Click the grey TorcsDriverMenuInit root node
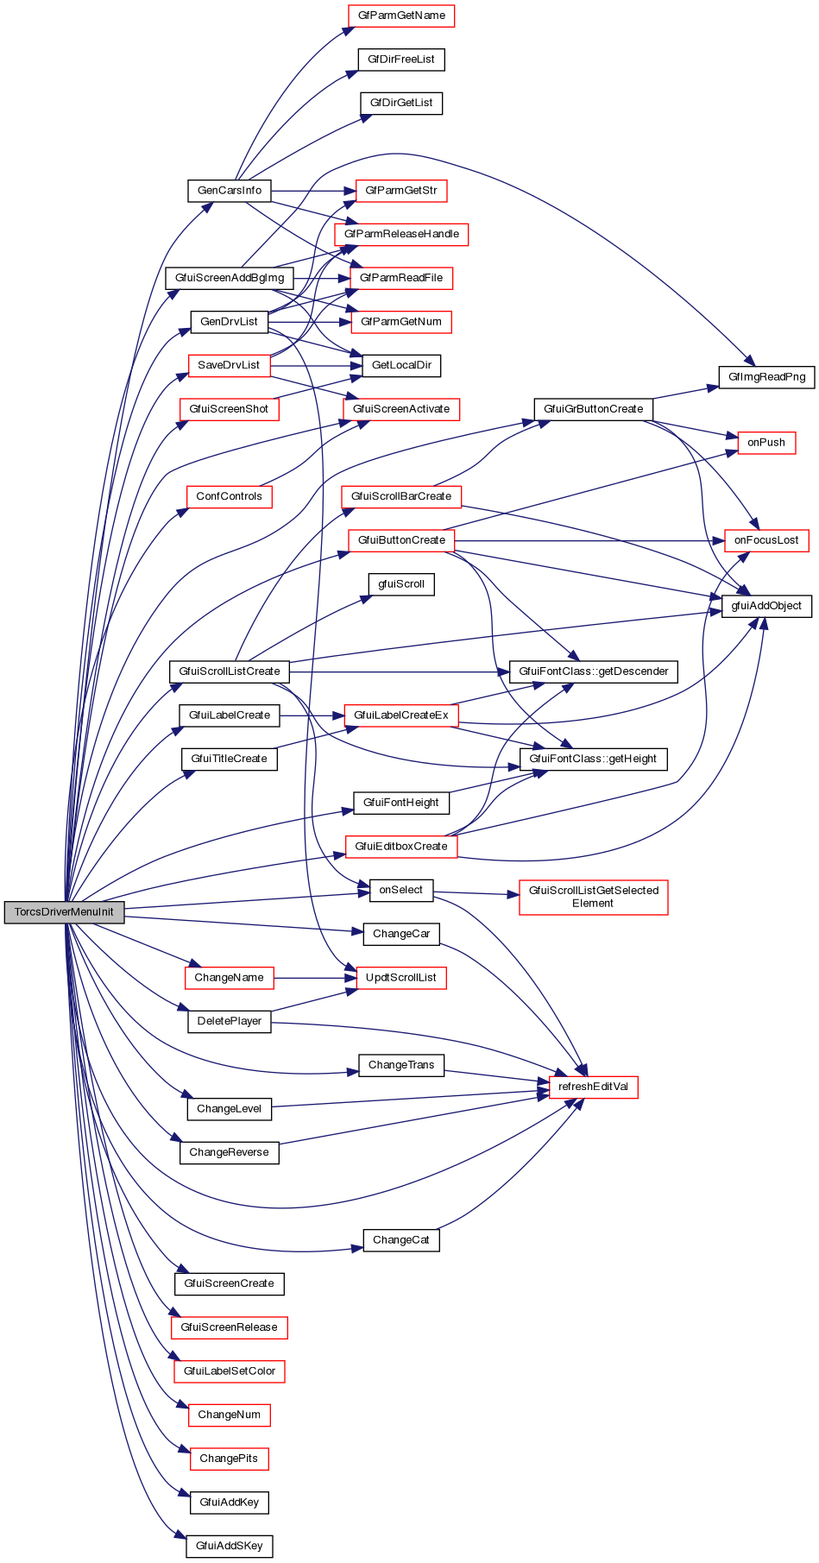(x=64, y=912)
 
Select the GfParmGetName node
(x=400, y=16)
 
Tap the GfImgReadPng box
(x=766, y=377)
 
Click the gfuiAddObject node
(x=766, y=606)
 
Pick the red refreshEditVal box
(x=593, y=1087)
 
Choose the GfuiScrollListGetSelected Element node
(x=593, y=897)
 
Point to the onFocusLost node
(x=766, y=540)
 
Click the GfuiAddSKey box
(x=229, y=1546)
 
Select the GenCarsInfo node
(x=229, y=191)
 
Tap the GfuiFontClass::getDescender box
(x=593, y=671)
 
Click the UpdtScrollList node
(x=400, y=978)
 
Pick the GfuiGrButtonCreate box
(x=593, y=409)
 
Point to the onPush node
(x=766, y=443)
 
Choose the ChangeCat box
(x=400, y=1240)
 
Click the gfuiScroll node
(x=400, y=584)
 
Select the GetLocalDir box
(x=400, y=365)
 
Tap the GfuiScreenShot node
(x=229, y=409)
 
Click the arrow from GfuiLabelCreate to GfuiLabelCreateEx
(x=312, y=715)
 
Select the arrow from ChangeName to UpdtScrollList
(x=314, y=978)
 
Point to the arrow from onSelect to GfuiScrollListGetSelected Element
(x=476, y=893)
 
